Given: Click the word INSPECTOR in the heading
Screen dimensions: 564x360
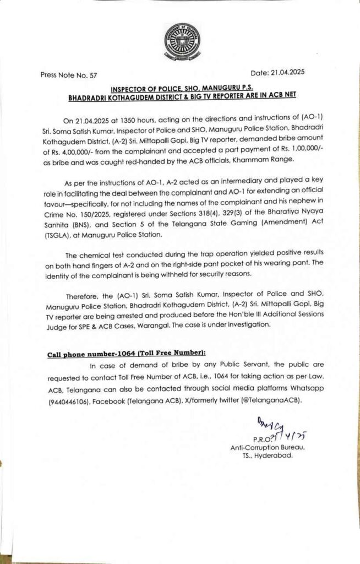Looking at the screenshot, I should pyautogui.click(x=132, y=88).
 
